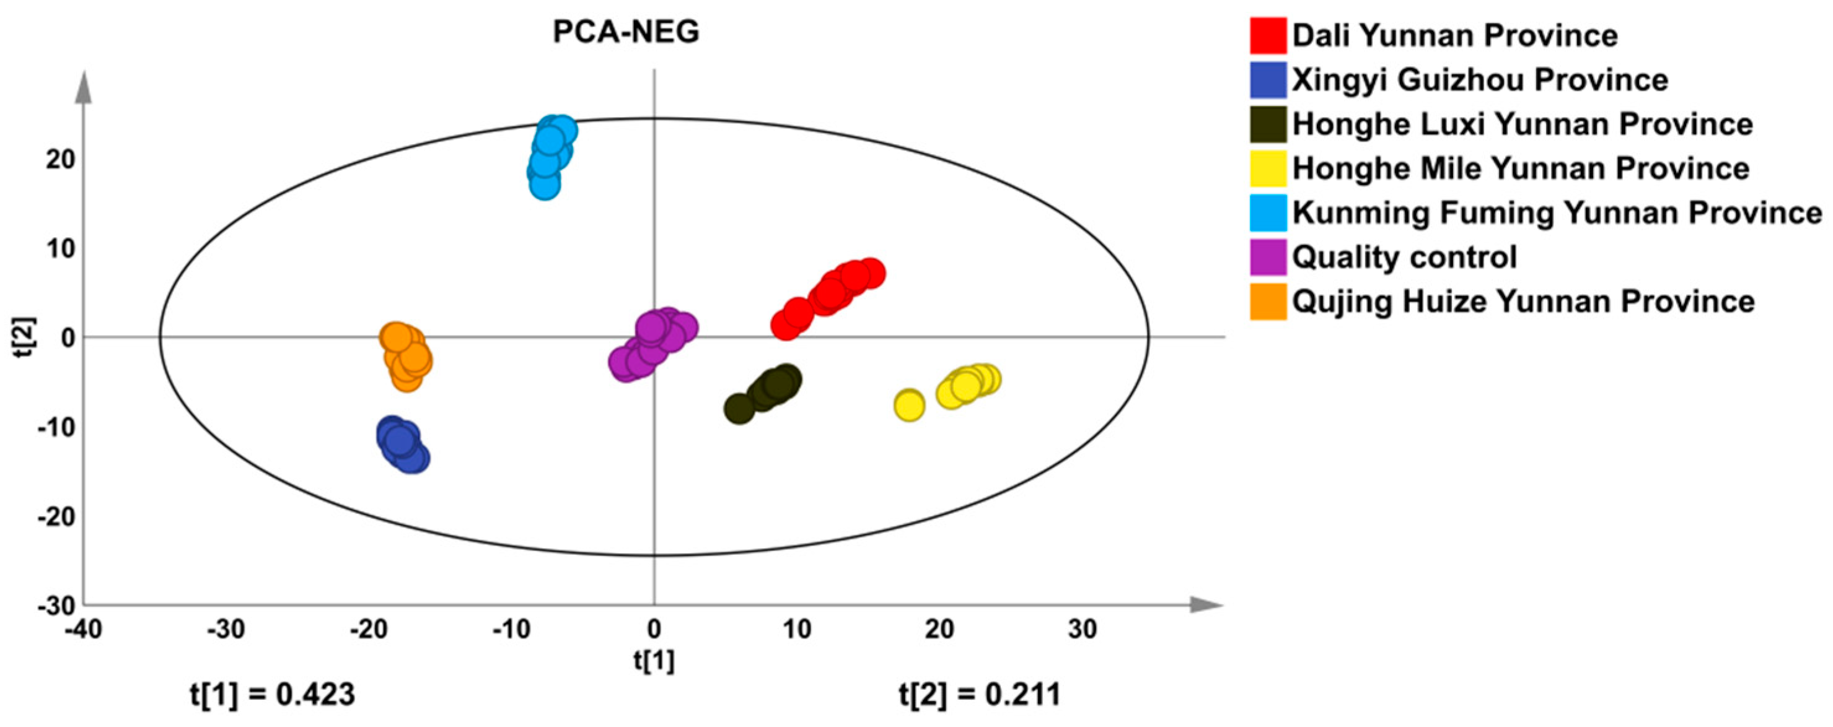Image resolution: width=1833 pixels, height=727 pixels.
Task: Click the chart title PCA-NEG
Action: click(x=626, y=32)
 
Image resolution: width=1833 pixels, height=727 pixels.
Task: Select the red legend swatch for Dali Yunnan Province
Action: click(x=1268, y=35)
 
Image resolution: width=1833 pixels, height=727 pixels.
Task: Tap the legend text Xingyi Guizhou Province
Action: click(x=1480, y=80)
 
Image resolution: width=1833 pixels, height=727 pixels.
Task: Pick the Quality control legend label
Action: click(x=1405, y=257)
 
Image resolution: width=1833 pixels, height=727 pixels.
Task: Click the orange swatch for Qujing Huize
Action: click(x=1268, y=302)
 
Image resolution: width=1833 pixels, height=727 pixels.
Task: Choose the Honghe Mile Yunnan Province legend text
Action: click(x=1521, y=168)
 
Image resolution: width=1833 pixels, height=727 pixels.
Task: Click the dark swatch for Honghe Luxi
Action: click(x=1268, y=124)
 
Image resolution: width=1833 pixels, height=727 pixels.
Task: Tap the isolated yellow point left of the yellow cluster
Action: click(x=908, y=406)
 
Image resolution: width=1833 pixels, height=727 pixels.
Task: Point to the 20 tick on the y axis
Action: click(x=61, y=159)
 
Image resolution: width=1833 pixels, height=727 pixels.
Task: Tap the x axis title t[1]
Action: click(x=654, y=661)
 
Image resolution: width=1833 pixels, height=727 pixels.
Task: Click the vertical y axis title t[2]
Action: click(x=27, y=337)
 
